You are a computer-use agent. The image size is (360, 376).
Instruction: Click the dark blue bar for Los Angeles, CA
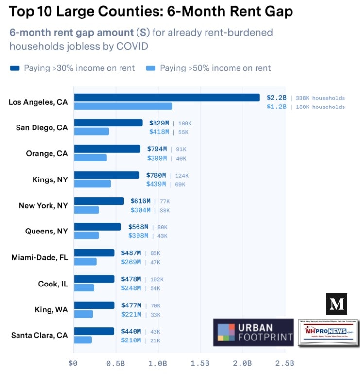click(x=167, y=98)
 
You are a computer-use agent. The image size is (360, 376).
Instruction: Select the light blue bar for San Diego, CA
click(x=91, y=132)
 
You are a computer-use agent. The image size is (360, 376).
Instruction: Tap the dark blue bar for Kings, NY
click(x=106, y=175)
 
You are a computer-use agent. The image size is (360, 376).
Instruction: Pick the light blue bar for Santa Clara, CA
click(x=83, y=340)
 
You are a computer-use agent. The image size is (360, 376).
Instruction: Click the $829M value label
click(x=158, y=123)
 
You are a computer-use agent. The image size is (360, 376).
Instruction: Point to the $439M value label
click(x=156, y=184)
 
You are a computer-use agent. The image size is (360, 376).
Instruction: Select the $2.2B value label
click(x=276, y=98)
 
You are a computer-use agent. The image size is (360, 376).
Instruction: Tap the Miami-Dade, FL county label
click(x=39, y=257)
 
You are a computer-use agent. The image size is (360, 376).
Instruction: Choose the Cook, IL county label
click(x=53, y=284)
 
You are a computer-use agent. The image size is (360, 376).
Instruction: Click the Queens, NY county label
click(x=46, y=232)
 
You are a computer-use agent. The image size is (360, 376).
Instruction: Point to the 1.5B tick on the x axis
click(x=200, y=363)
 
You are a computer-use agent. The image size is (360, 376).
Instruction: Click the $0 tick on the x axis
click(x=74, y=363)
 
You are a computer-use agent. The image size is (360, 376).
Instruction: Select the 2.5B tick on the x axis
click(x=284, y=363)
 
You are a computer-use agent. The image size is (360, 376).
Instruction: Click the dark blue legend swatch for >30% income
click(x=15, y=68)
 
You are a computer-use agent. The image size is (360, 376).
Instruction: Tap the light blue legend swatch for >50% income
click(x=150, y=68)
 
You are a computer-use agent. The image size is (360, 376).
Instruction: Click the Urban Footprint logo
click(x=253, y=332)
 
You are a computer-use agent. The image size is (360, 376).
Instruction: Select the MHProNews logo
click(x=328, y=333)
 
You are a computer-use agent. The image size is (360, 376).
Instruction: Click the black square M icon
click(x=337, y=304)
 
